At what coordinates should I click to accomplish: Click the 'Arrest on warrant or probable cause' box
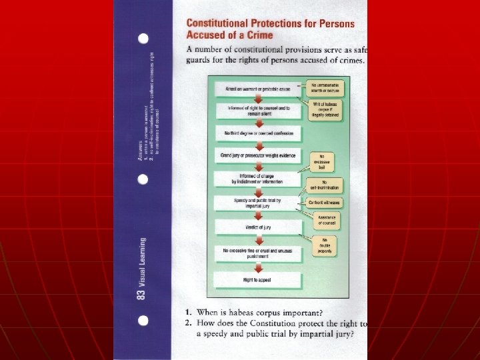click(x=258, y=89)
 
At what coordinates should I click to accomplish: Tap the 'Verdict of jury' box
click(x=258, y=227)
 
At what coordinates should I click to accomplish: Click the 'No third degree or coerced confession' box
click(x=258, y=133)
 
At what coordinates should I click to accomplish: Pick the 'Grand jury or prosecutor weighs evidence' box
click(x=258, y=155)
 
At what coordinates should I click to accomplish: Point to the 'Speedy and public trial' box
click(x=258, y=203)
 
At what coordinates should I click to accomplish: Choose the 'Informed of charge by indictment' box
click(x=258, y=179)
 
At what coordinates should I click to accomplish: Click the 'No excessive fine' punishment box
click(x=258, y=253)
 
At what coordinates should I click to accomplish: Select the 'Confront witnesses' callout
click(x=325, y=202)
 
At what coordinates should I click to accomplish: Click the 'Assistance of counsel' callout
click(x=325, y=220)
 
